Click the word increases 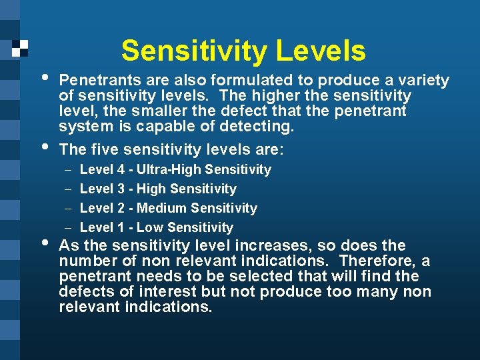click(x=269, y=245)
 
